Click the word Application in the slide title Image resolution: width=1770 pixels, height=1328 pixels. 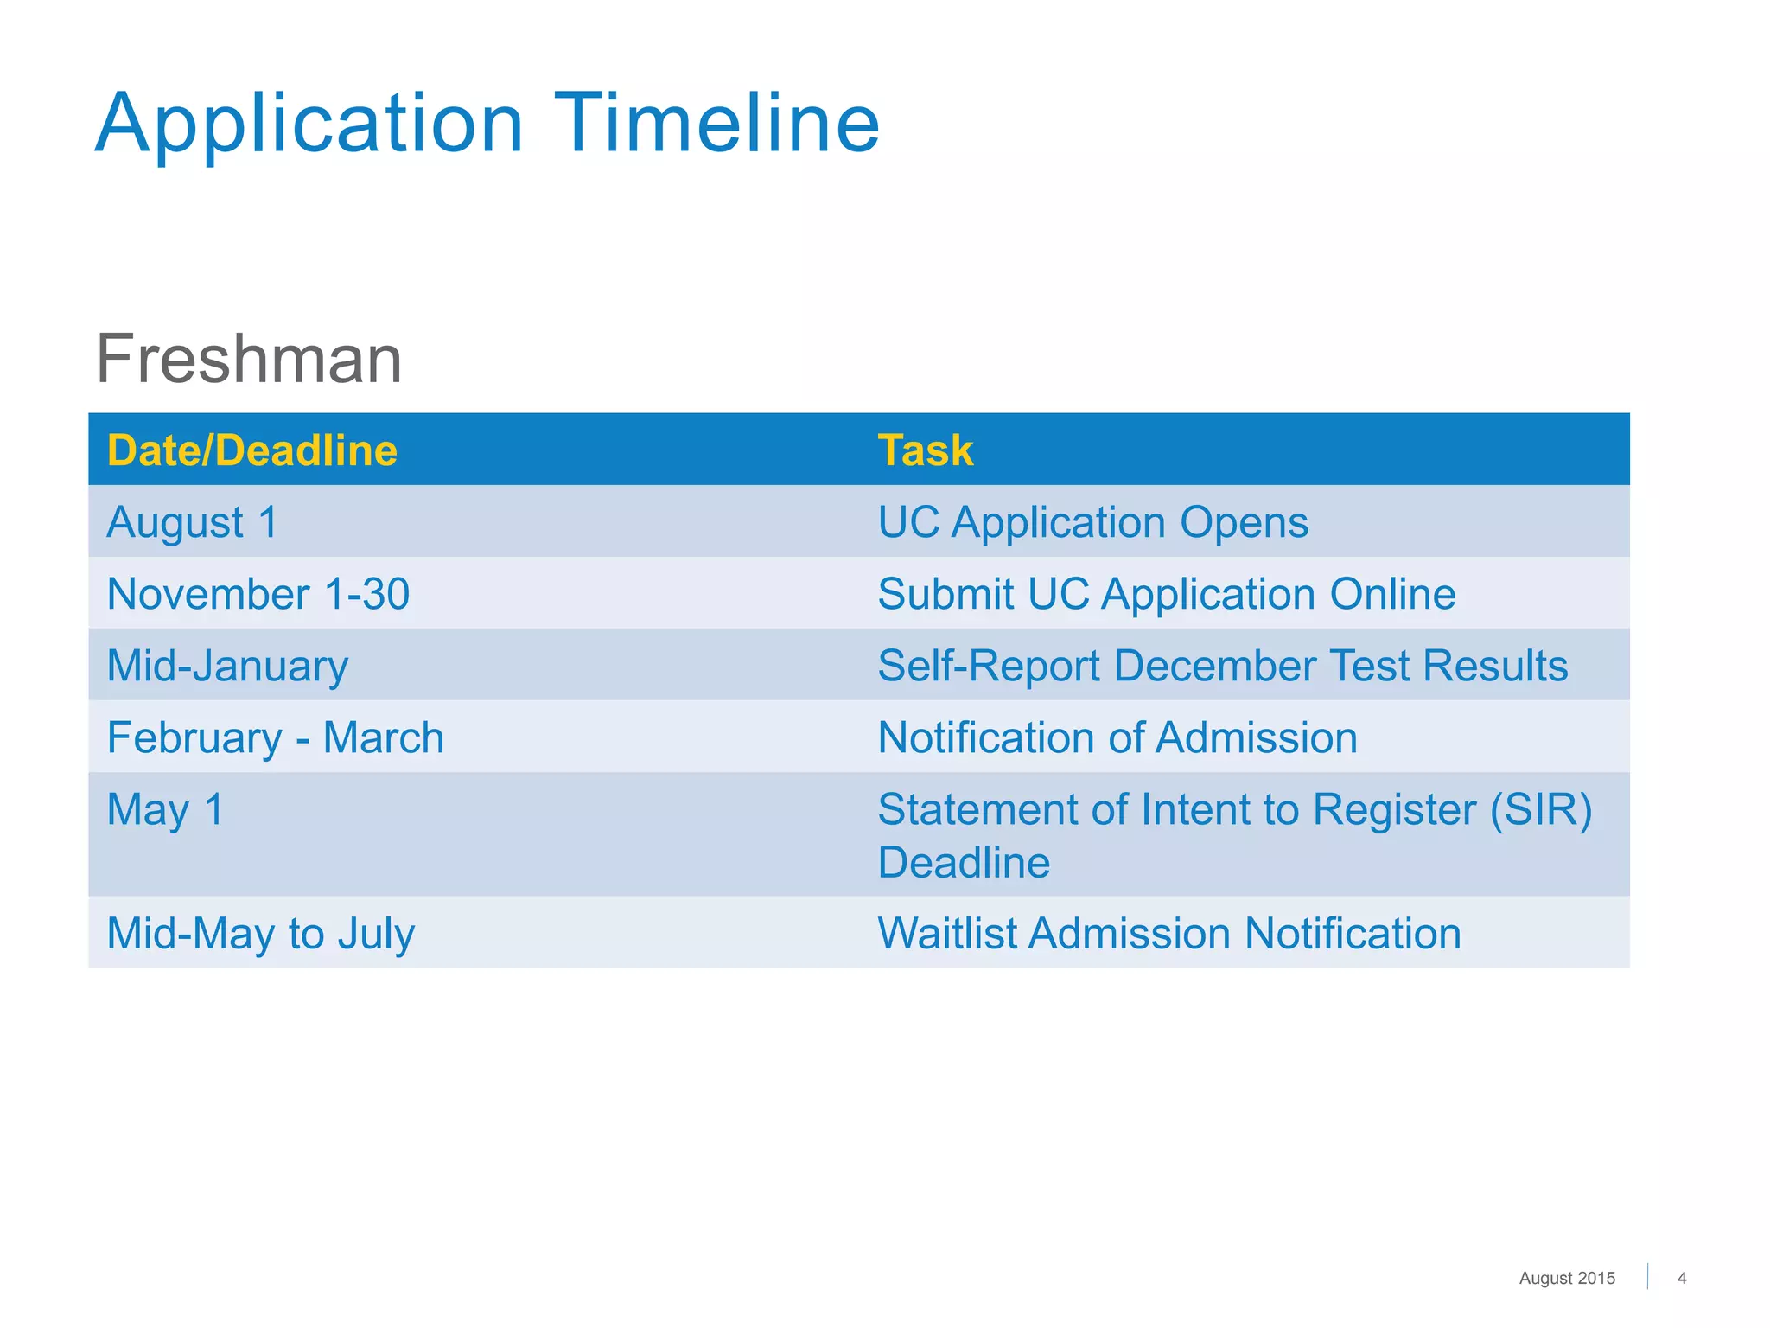point(309,125)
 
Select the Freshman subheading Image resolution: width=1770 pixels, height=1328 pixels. point(249,359)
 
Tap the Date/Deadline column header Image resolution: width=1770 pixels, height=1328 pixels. point(251,450)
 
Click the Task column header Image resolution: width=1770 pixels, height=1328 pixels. point(925,450)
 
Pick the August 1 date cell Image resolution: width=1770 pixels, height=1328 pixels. point(193,522)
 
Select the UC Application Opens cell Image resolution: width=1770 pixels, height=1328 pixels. point(1092,522)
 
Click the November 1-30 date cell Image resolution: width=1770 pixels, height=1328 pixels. point(258,594)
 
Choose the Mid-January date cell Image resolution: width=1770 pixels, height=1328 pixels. point(227,667)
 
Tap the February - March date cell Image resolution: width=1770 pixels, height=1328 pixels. point(275,737)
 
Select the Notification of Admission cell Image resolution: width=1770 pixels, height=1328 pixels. point(1117,737)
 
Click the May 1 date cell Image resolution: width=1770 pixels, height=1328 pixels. point(165,810)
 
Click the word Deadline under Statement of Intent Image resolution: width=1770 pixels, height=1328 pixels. point(964,862)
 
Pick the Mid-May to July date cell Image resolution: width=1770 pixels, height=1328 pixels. point(260,934)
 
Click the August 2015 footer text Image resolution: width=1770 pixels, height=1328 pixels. point(1566,1278)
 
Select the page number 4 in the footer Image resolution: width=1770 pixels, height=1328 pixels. point(1681,1278)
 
